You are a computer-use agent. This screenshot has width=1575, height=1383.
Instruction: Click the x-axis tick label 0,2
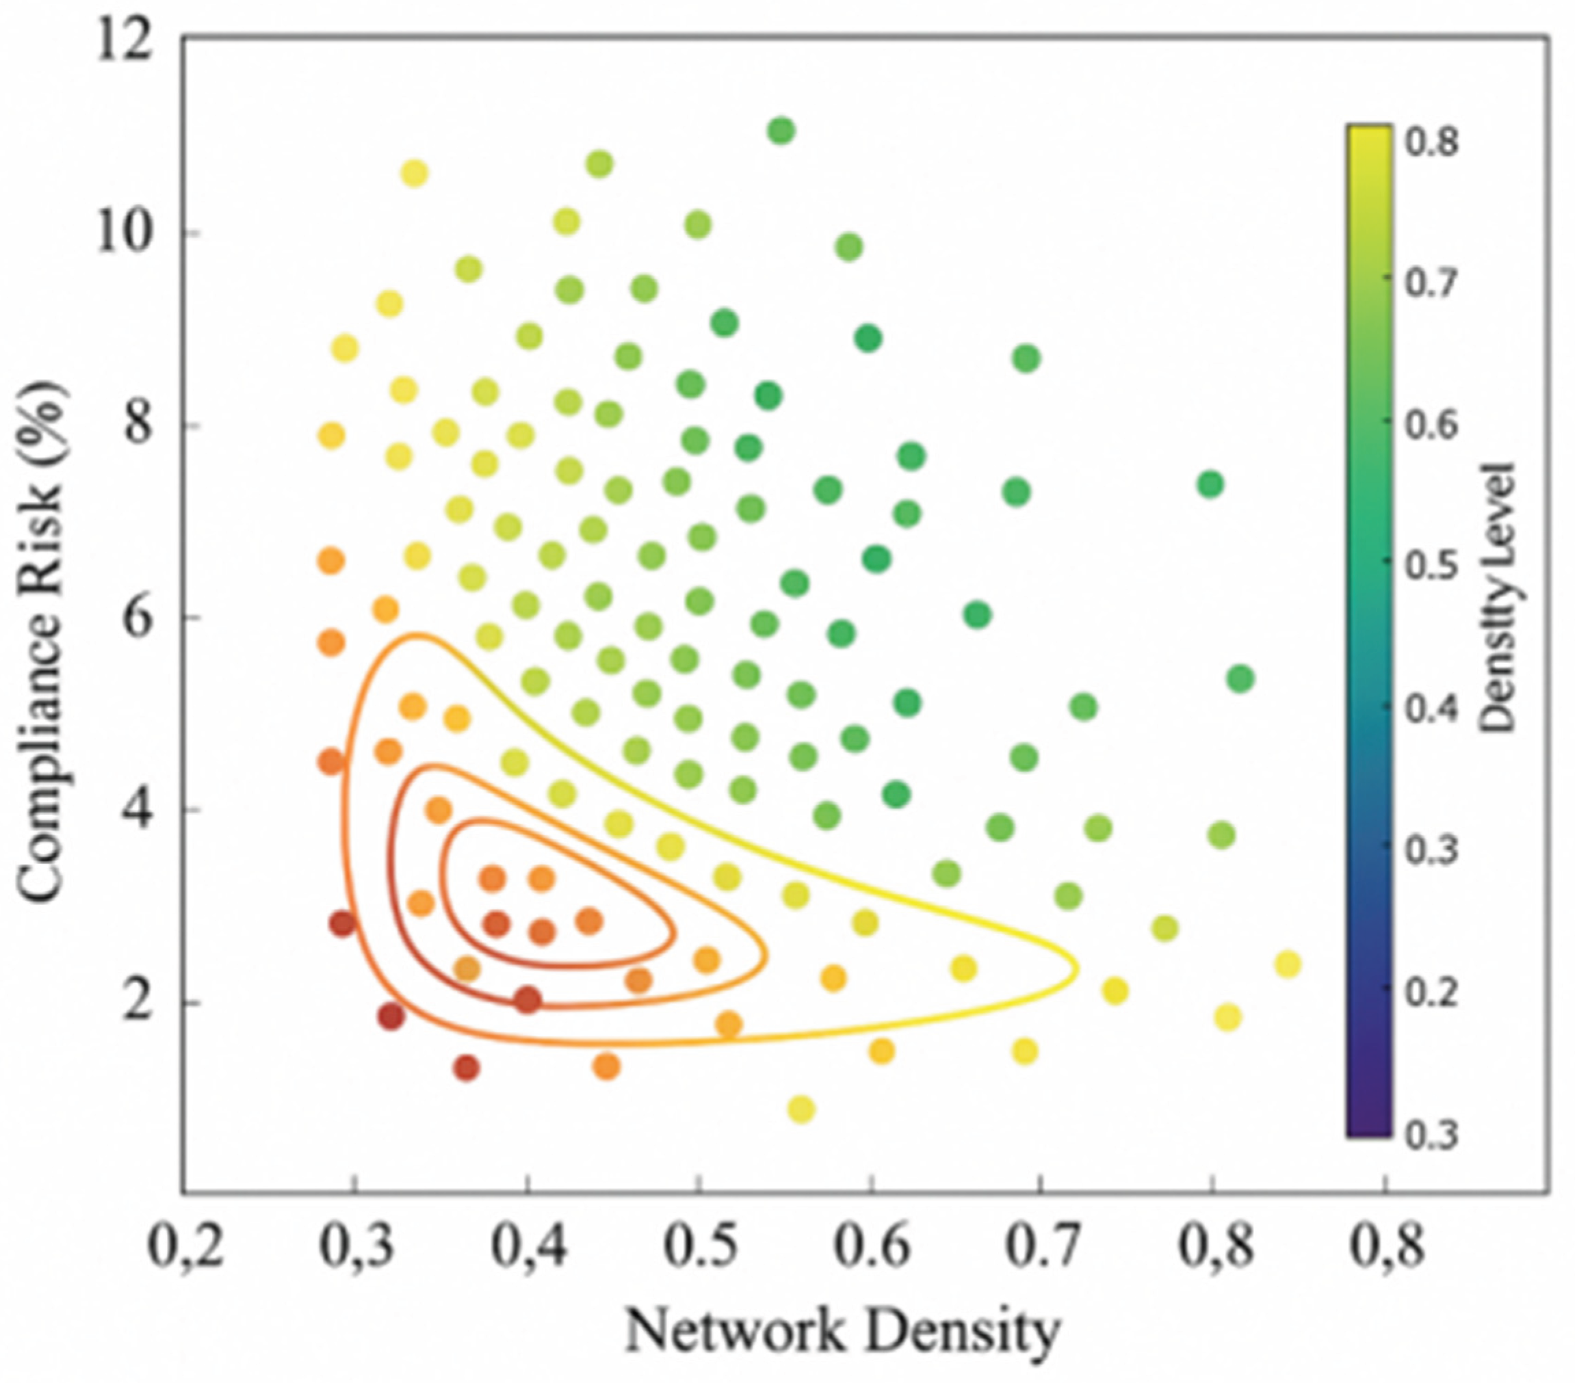point(183,1248)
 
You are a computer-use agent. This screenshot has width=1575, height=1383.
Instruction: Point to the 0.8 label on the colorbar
point(1431,144)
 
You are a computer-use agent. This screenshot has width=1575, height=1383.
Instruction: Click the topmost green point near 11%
point(781,131)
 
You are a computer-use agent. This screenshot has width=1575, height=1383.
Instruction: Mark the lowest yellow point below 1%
point(801,1109)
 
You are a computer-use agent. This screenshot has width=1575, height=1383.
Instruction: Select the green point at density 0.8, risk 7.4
point(1211,484)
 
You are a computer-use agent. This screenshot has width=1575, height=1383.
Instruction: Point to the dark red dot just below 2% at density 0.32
point(391,1016)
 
